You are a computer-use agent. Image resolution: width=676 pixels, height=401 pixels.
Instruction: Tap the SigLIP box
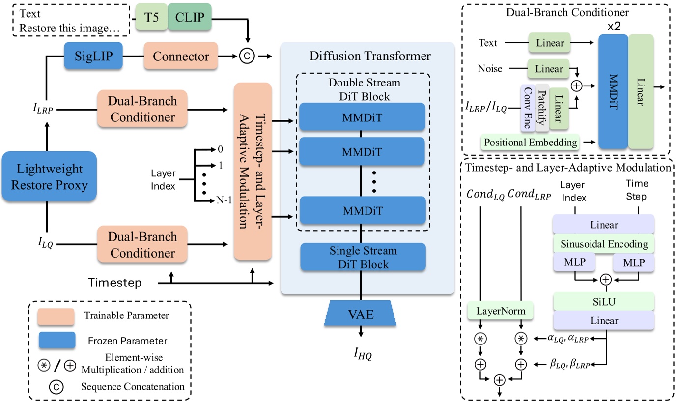[x=92, y=57]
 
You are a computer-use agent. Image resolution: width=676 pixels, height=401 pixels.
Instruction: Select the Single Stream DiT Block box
[x=363, y=258]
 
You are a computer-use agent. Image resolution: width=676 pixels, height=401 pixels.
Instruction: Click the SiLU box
[x=604, y=300]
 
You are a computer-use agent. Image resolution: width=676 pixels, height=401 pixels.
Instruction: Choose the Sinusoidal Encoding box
[x=604, y=244]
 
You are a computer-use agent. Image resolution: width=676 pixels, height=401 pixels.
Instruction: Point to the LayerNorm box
[x=501, y=311]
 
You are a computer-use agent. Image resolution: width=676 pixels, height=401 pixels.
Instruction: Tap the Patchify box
[x=541, y=107]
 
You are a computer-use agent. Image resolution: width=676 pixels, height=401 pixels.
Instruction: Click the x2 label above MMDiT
[x=614, y=26]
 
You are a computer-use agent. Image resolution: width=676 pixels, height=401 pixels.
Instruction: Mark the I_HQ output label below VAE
[x=362, y=352]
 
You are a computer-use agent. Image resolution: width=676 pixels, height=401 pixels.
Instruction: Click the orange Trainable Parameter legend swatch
[x=56, y=316]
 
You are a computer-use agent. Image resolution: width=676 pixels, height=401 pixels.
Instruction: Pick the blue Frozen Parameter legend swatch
[x=56, y=340]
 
